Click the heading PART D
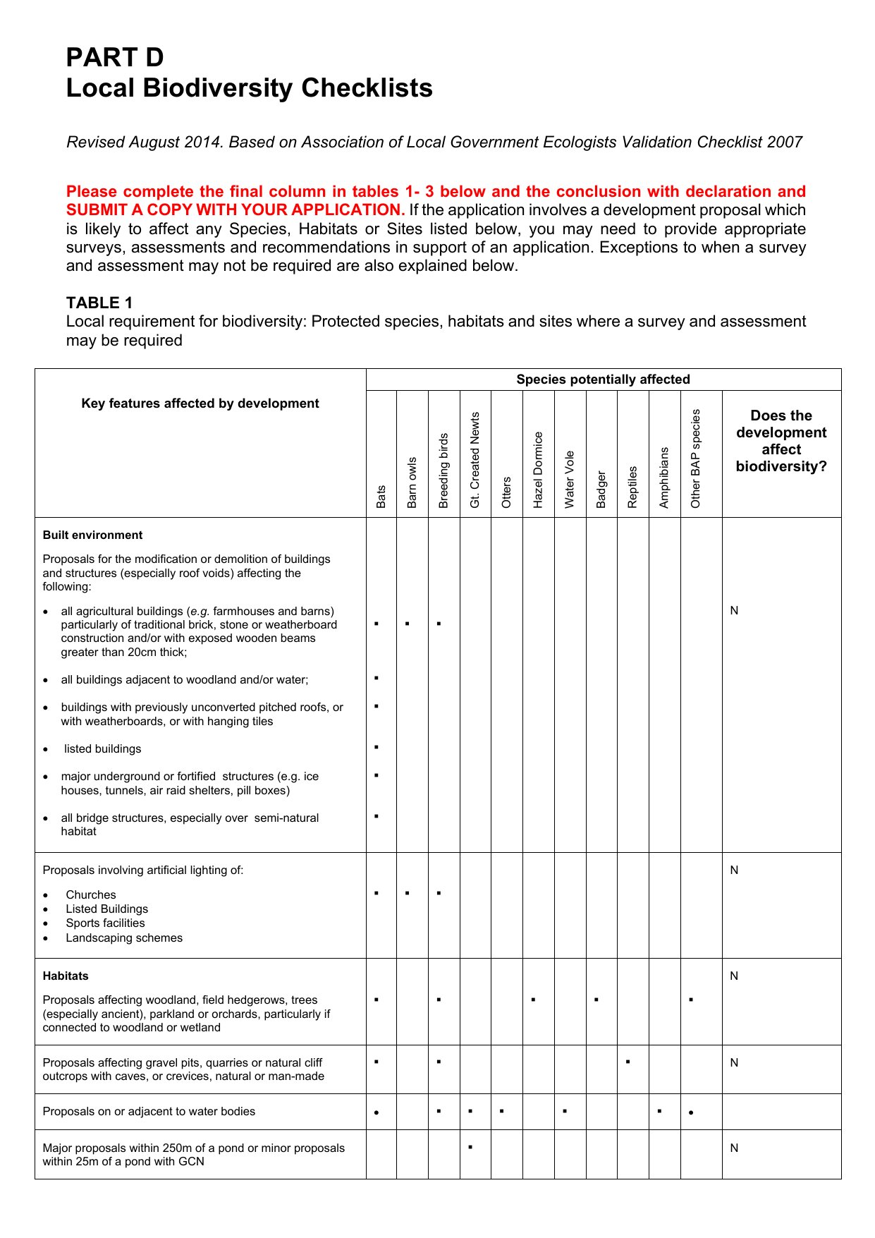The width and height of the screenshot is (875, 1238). (x=115, y=57)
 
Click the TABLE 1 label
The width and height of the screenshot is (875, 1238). (x=99, y=303)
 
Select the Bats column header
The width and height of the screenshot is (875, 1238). (x=381, y=496)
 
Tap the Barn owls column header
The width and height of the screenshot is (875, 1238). (x=412, y=483)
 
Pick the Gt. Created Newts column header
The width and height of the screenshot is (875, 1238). (x=475, y=460)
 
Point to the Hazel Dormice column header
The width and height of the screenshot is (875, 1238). (x=538, y=470)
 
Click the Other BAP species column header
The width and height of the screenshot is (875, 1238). (x=696, y=459)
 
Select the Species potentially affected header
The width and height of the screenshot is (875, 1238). (x=603, y=380)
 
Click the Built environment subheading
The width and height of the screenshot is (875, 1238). (x=92, y=535)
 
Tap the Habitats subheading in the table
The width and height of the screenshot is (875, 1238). (x=66, y=976)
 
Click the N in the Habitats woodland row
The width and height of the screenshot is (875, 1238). (x=734, y=976)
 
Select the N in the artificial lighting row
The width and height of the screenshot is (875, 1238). (x=734, y=870)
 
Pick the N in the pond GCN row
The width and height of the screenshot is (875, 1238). (x=734, y=1148)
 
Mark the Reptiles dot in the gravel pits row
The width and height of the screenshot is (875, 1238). (x=628, y=1061)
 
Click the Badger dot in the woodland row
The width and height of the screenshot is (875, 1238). (x=596, y=999)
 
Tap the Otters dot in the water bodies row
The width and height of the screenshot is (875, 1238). (x=501, y=1111)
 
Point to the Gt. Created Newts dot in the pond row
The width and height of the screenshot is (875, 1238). (x=470, y=1147)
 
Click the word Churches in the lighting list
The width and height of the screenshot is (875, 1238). (x=91, y=895)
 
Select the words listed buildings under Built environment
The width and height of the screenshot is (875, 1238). (x=102, y=749)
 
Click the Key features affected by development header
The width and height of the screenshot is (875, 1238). (x=200, y=403)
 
